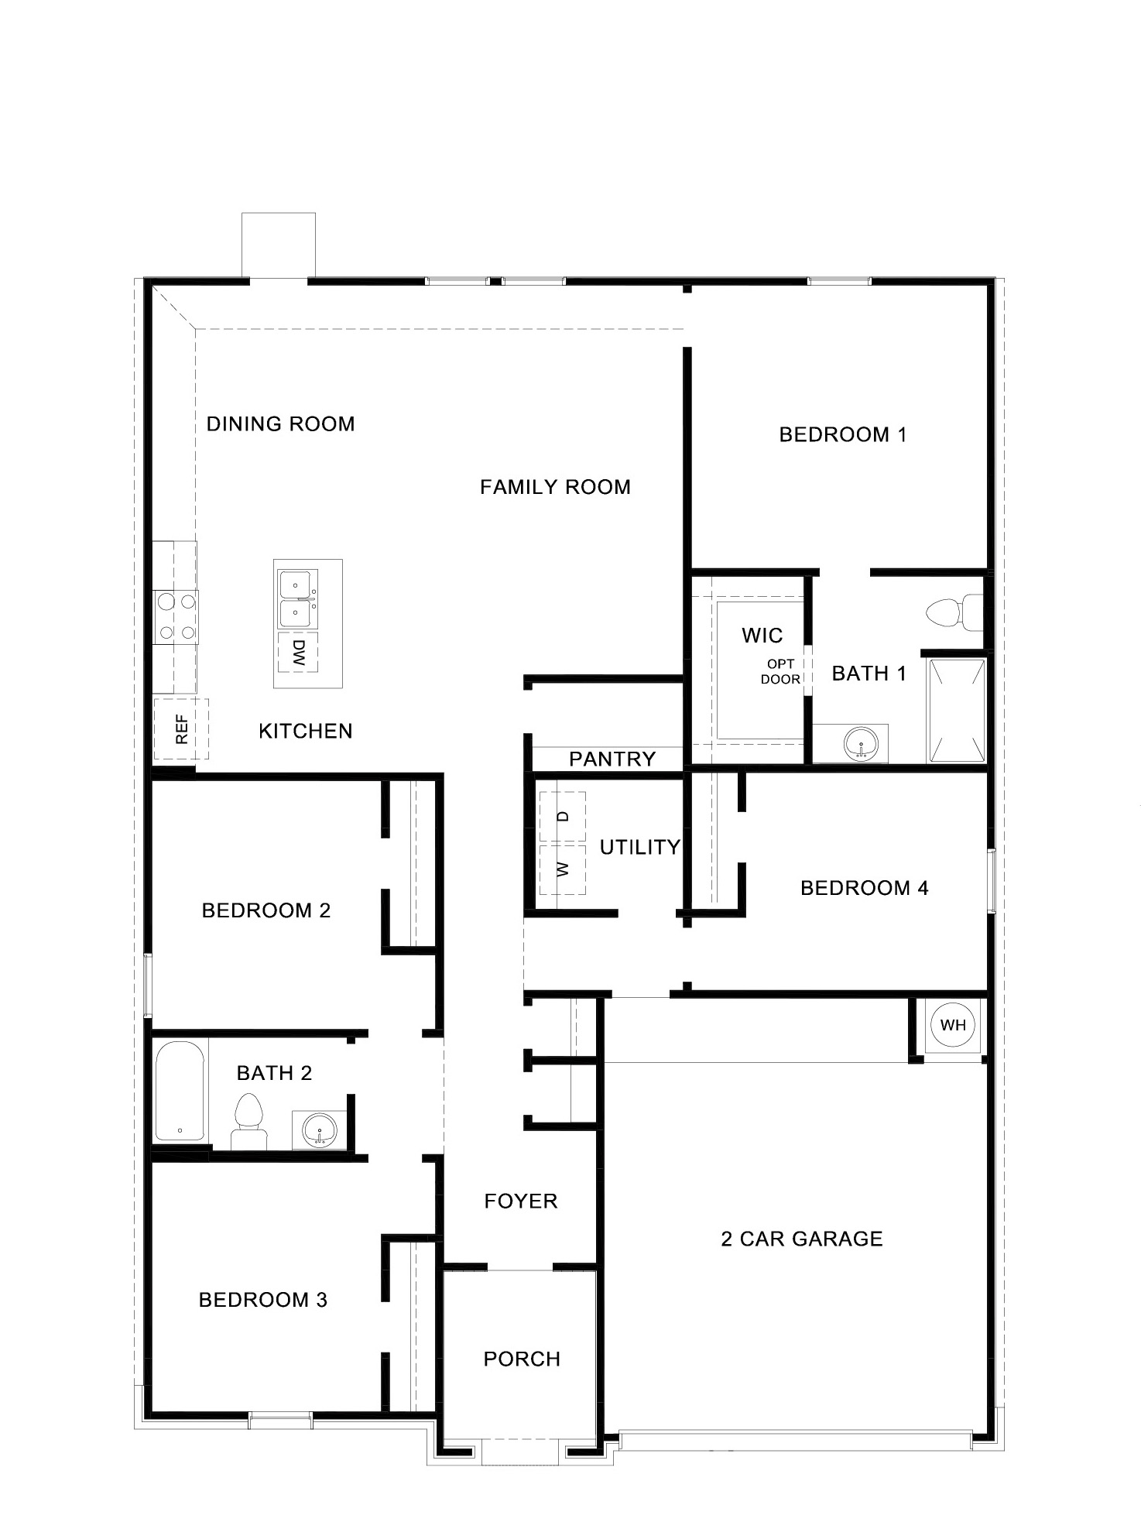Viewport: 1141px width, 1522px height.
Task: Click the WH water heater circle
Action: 953,1025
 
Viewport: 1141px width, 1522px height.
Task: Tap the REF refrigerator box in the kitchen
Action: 181,728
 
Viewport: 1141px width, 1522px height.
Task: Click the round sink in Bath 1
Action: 860,744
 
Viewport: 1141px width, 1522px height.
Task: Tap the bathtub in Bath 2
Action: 180,1092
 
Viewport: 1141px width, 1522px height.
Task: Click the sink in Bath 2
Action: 318,1130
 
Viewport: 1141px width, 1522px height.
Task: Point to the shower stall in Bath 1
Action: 957,710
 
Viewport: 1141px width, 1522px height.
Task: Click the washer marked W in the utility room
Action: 563,869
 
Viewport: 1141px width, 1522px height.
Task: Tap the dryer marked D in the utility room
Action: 563,817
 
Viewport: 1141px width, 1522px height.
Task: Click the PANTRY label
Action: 612,759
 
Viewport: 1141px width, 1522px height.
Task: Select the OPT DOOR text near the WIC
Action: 780,672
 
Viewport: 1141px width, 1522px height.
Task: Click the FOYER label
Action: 521,1201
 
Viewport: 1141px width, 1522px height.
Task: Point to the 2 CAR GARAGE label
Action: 802,1239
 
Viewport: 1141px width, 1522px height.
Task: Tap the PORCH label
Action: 522,1359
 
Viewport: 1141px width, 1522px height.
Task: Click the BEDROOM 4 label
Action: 864,888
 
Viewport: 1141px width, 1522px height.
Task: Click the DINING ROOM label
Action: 280,424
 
